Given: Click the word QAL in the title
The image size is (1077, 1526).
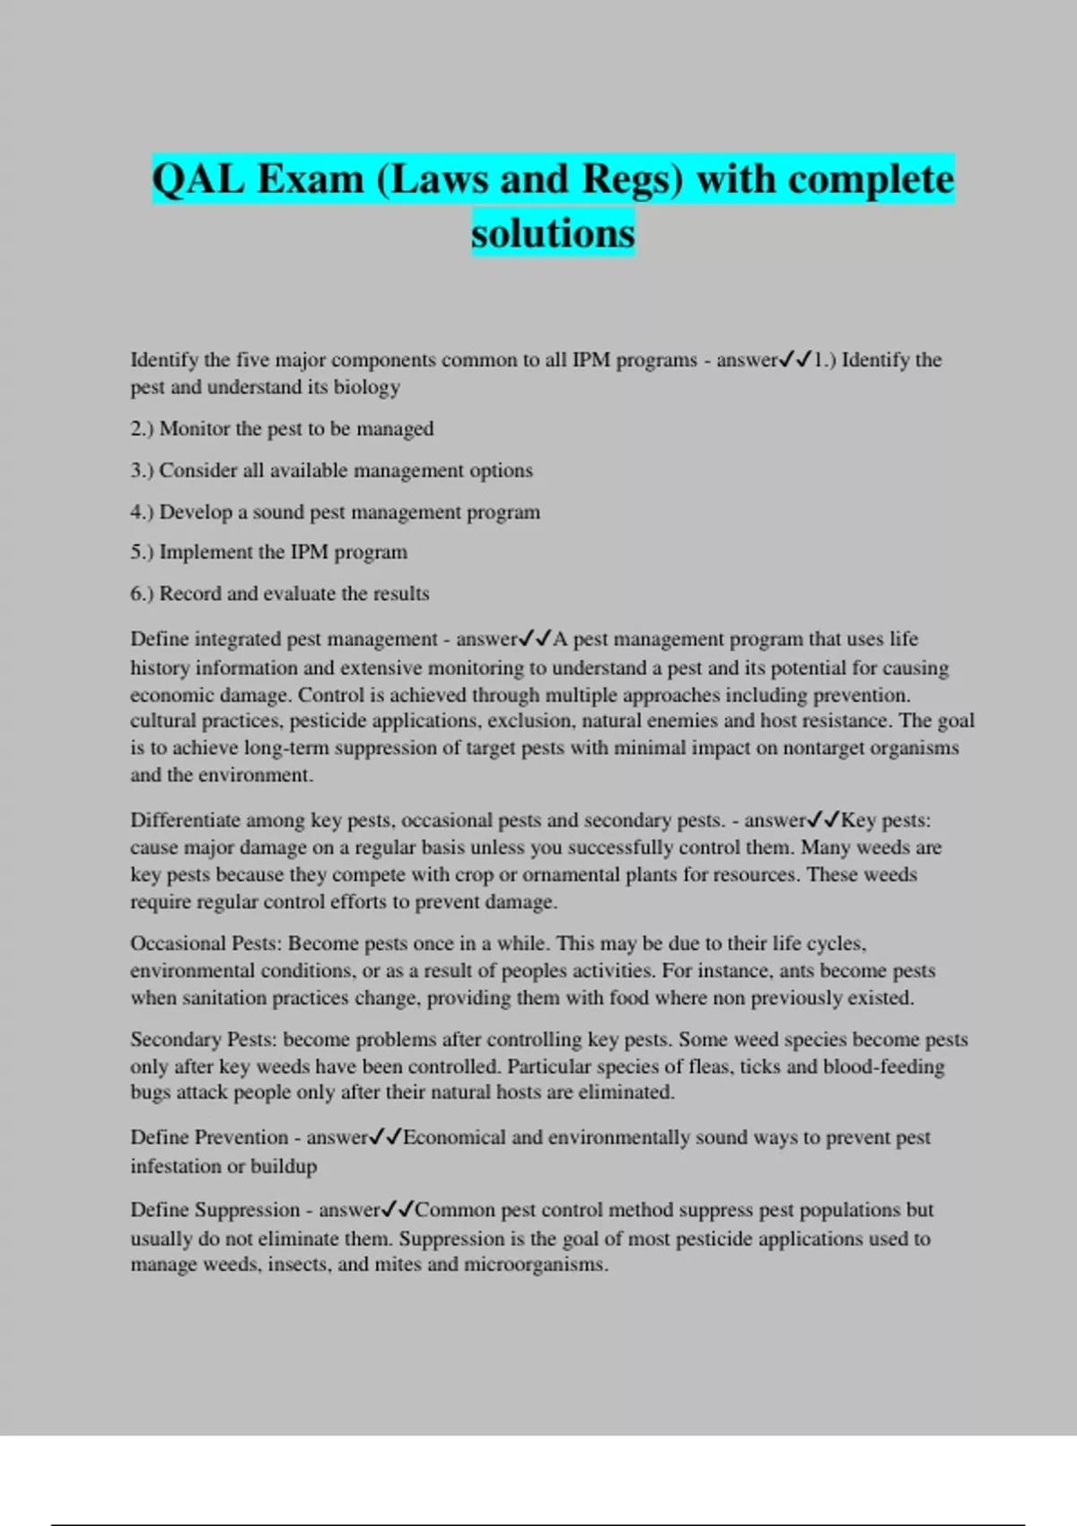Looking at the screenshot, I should (x=197, y=179).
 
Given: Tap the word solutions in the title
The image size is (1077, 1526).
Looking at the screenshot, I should (x=553, y=233).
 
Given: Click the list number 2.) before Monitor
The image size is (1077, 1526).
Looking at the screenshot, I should (x=142, y=429).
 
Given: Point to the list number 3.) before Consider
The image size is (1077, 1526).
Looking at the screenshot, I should (x=142, y=470).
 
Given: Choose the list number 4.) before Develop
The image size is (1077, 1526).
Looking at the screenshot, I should (x=142, y=512).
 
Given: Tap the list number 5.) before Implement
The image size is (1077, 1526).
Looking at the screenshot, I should (x=142, y=552).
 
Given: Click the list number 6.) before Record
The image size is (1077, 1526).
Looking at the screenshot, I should (x=142, y=593).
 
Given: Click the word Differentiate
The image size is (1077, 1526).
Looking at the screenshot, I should (x=185, y=820).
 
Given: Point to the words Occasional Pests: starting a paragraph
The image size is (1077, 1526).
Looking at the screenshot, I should (x=206, y=943).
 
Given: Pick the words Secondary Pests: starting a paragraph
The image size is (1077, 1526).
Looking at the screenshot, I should (x=206, y=1039).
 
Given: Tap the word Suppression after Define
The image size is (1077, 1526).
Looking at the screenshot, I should (x=247, y=1210).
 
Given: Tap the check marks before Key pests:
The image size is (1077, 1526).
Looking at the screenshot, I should (x=823, y=820).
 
